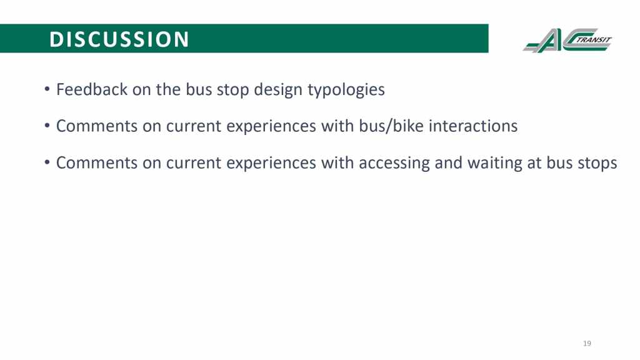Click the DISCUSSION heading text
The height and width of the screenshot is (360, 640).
pos(119,39)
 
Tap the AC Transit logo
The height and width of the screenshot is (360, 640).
pos(567,40)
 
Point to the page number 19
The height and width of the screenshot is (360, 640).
pos(587,343)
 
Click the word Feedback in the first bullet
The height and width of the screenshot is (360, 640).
pos(92,89)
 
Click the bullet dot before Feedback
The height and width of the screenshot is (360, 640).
pos(47,89)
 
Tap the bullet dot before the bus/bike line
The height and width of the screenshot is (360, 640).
pos(47,126)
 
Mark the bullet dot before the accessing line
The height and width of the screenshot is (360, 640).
pos(47,162)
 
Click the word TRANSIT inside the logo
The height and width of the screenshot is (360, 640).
pos(594,40)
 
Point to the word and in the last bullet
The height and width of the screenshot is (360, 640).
pos(449,163)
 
